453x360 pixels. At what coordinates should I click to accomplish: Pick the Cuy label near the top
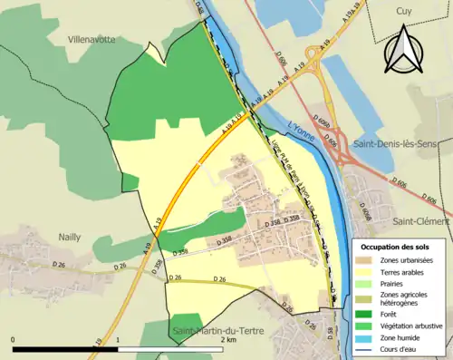(x=403, y=11)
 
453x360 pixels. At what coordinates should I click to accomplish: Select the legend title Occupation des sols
(x=395, y=246)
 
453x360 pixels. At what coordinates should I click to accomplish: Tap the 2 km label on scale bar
(x=224, y=340)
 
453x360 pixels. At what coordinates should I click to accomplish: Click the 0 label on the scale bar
(x=14, y=340)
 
